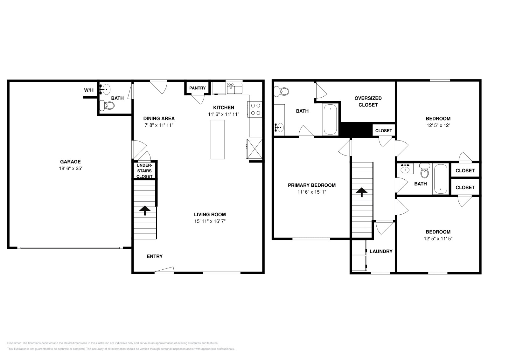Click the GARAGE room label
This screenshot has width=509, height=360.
point(70,162)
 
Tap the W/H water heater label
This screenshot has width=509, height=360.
point(89,90)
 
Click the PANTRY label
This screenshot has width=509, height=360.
point(198,88)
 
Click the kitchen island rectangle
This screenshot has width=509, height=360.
point(218,140)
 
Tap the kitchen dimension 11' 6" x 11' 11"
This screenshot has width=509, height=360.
point(224,114)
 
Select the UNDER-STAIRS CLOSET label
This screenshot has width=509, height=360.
point(144,171)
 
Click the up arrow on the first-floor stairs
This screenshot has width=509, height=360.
point(145,210)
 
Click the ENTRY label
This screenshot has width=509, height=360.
point(155,256)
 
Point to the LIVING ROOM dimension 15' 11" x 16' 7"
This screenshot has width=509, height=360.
point(210,221)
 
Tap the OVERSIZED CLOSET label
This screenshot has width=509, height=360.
point(368,101)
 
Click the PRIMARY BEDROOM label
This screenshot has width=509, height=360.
point(311,185)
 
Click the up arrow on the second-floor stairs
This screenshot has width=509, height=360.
point(362,192)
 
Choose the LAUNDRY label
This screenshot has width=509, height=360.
point(381,251)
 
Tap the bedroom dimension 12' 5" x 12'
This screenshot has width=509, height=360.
point(438,125)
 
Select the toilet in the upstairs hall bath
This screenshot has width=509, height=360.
point(424,171)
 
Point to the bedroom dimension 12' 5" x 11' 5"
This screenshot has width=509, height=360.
point(438,238)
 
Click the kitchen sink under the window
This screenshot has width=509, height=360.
point(235,89)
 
